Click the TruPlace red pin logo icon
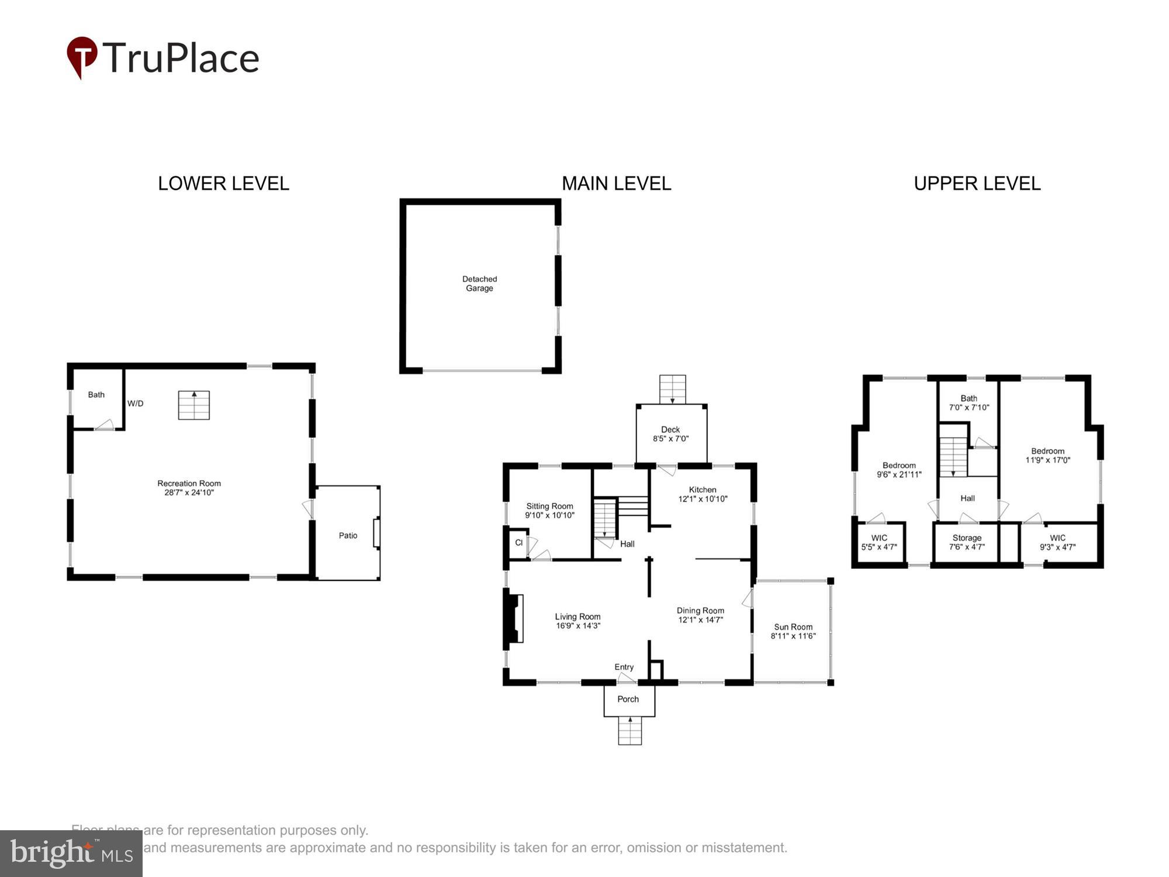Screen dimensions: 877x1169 point(82,56)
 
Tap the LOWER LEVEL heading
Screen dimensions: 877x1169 point(223,184)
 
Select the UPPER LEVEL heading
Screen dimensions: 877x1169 point(977,184)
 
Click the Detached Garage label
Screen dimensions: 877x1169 point(479,284)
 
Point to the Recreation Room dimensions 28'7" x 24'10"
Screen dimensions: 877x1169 point(189,492)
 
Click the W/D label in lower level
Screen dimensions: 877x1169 point(135,403)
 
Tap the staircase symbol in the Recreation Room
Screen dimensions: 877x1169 point(194,405)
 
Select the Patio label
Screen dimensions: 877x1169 point(348,536)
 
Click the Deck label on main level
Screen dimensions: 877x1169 point(670,429)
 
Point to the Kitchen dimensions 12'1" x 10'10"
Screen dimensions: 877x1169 point(703,499)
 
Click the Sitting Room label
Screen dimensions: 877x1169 point(549,506)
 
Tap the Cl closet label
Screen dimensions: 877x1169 point(518,543)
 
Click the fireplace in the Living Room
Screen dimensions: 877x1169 point(514,619)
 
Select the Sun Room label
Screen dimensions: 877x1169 point(793,627)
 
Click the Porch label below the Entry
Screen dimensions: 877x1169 point(628,699)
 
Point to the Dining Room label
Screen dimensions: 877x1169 point(700,610)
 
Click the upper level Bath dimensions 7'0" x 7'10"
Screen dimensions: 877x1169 point(969,408)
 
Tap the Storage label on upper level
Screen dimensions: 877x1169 point(967,538)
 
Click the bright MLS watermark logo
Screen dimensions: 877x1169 point(71,854)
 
